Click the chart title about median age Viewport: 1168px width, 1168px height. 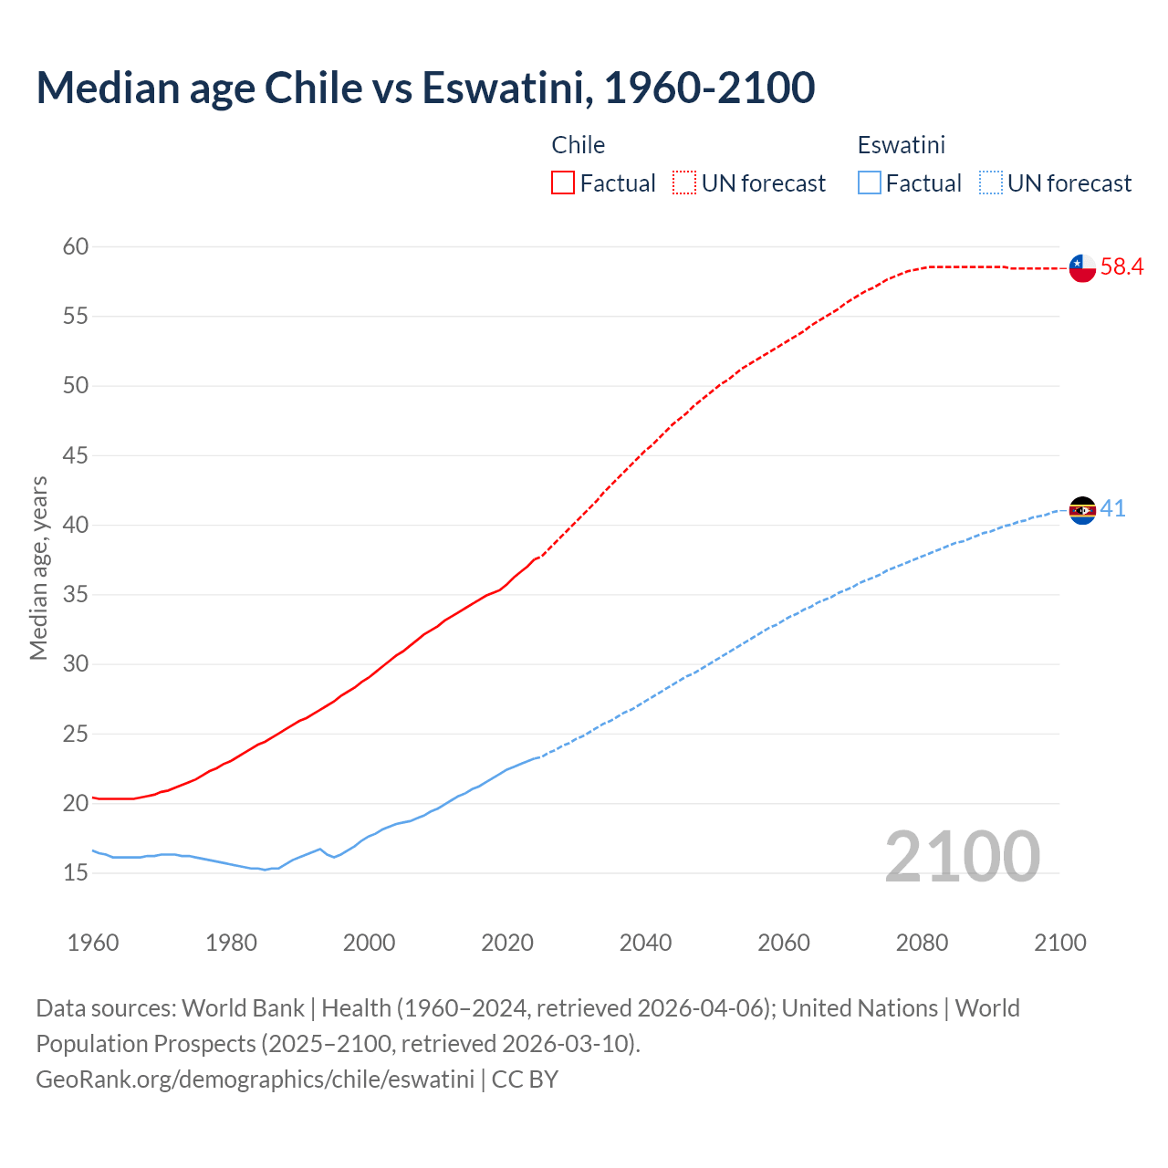pyautogui.click(x=425, y=88)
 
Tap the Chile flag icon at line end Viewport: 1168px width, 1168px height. pyautogui.click(x=1082, y=267)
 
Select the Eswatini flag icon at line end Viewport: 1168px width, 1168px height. pyautogui.click(x=1082, y=510)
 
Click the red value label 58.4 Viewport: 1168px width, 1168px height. pyautogui.click(x=1121, y=267)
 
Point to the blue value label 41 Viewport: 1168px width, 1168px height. pyautogui.click(x=1112, y=509)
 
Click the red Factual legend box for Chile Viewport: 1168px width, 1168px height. pyautogui.click(x=563, y=183)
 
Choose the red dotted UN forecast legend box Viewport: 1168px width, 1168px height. pyautogui.click(x=684, y=183)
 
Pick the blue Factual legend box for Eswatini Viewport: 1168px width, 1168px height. pyautogui.click(x=870, y=183)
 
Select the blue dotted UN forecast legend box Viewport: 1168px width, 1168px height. pyautogui.click(x=990, y=183)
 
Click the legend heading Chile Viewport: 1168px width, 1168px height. pyautogui.click(x=579, y=145)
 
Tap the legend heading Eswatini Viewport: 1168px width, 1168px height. pyautogui.click(x=901, y=145)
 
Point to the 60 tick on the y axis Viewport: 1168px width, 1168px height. pyautogui.click(x=76, y=246)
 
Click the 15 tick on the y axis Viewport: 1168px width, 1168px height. pyautogui.click(x=76, y=873)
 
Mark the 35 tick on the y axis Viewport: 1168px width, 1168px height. pyautogui.click(x=76, y=595)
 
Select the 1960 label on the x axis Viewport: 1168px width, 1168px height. pyautogui.click(x=93, y=943)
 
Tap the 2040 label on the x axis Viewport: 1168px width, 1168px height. pyautogui.click(x=645, y=943)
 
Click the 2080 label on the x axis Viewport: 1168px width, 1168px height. pyautogui.click(x=922, y=943)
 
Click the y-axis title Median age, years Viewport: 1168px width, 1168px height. pyautogui.click(x=38, y=568)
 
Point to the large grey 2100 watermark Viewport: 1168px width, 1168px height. pyautogui.click(x=962, y=856)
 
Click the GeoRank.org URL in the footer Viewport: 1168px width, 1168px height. pyautogui.click(x=255, y=1079)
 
